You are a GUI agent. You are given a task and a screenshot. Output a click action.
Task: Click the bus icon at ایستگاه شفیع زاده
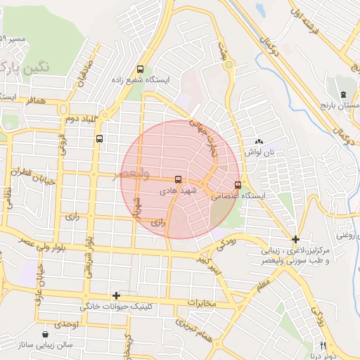point(140,70)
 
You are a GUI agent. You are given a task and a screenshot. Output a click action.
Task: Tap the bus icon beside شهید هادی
point(177,179)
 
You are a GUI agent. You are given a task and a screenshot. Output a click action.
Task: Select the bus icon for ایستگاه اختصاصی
point(238,186)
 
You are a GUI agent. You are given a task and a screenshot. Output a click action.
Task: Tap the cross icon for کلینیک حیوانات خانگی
point(116,295)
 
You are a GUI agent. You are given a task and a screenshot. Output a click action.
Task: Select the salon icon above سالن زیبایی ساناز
point(46,335)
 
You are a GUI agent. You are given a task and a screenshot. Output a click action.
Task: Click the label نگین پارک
point(26,68)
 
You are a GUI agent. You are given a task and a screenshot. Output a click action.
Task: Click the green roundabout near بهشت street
point(229,65)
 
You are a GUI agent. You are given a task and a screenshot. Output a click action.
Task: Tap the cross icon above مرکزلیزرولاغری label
point(295,239)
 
